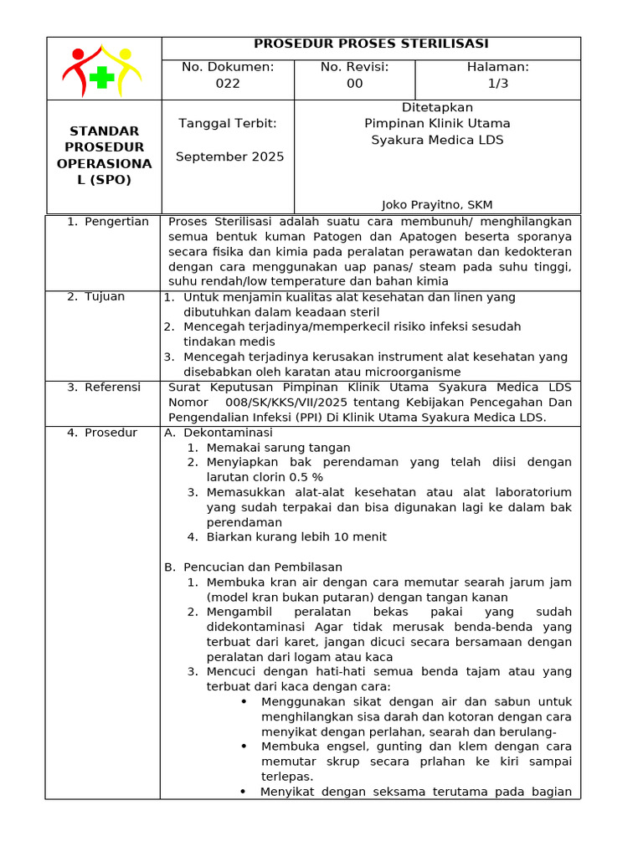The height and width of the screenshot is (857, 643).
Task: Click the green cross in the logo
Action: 102,78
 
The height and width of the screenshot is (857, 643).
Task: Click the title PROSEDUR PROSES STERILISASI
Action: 371,44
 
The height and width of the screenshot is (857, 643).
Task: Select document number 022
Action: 228,84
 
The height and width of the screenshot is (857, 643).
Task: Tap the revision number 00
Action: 355,84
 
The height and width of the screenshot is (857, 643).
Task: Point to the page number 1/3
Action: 498,84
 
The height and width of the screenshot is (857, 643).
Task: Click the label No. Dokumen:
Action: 228,67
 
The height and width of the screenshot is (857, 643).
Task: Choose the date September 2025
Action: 229,157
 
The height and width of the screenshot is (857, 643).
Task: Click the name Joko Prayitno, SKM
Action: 437,204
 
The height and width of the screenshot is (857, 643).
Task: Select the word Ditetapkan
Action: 437,107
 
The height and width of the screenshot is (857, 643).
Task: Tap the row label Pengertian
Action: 116,222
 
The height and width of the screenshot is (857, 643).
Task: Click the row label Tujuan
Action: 105,296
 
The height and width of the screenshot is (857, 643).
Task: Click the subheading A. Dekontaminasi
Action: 219,433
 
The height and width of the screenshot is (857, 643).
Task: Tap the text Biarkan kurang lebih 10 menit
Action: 296,536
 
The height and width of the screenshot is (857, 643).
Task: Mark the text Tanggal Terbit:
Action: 228,124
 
